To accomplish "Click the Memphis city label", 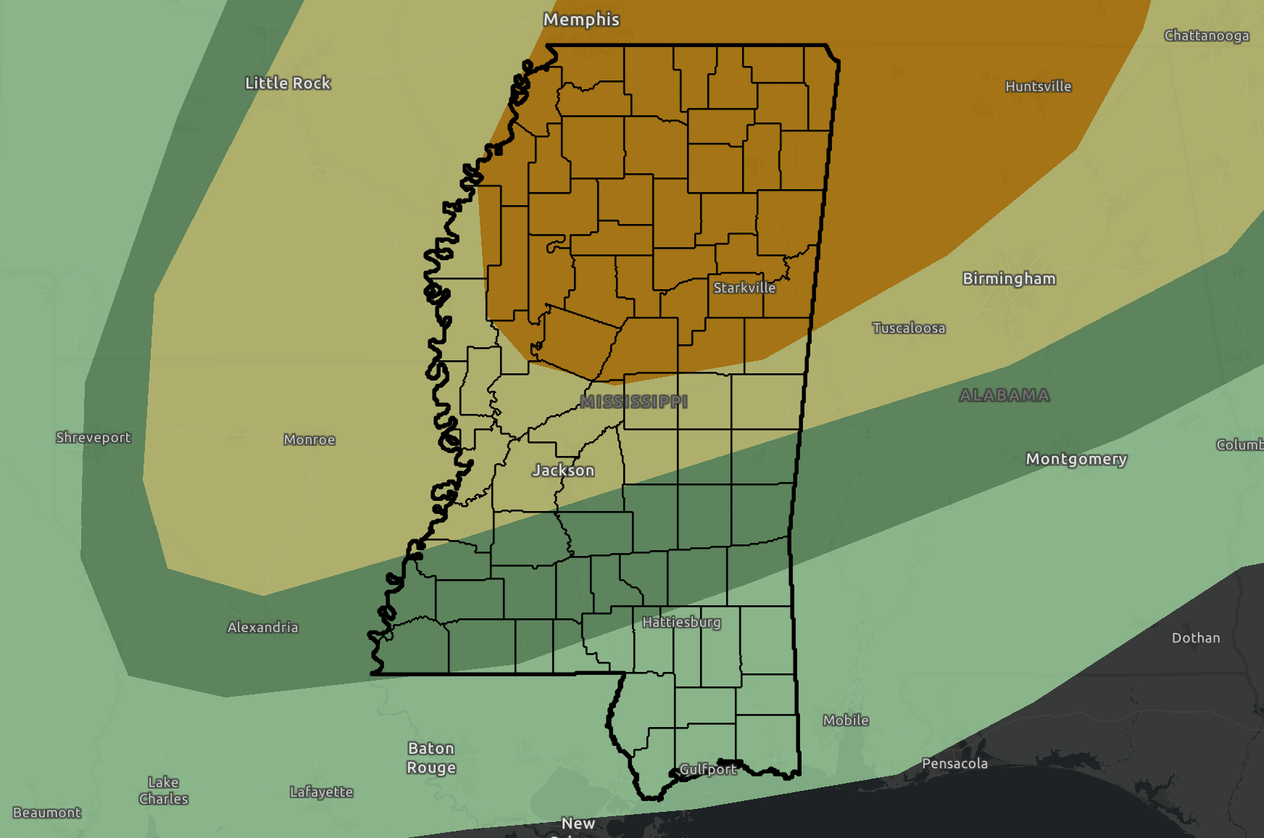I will [x=581, y=20].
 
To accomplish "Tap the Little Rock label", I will [x=288, y=83].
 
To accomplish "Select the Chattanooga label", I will [x=1206, y=36].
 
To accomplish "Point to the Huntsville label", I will [x=1038, y=86].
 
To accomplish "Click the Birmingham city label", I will [x=1008, y=279].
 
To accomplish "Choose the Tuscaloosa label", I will [x=908, y=328].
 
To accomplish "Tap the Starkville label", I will [x=744, y=288].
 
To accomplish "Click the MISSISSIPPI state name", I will [x=633, y=402].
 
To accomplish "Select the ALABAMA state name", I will [x=1004, y=396].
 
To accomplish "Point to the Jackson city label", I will [x=563, y=470].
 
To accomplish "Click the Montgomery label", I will [x=1076, y=459].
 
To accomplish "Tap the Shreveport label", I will [x=93, y=437].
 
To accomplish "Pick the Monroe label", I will [x=309, y=439].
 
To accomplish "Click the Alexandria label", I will [x=262, y=627].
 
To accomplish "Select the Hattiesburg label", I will [x=681, y=622].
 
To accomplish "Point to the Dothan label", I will [x=1195, y=638].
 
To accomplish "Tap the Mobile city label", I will [x=845, y=720].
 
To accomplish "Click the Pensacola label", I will [x=954, y=763].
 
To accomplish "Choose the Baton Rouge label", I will [x=431, y=758].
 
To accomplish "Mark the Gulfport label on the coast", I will [x=707, y=769].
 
